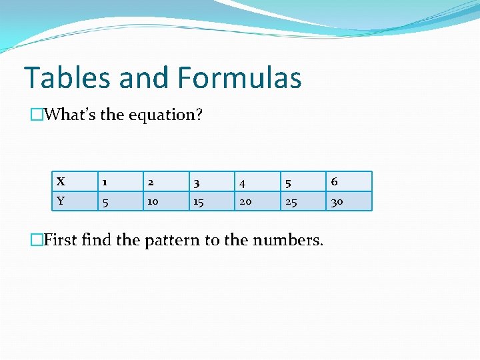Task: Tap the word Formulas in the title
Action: click(x=240, y=78)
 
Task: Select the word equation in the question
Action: click(x=162, y=115)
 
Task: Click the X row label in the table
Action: click(x=61, y=181)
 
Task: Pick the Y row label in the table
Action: click(x=61, y=201)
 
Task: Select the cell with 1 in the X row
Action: click(x=104, y=181)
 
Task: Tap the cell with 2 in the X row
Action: click(x=151, y=181)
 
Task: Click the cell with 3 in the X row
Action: click(x=197, y=181)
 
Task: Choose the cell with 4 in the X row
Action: click(x=243, y=181)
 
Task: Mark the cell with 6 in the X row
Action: click(x=335, y=181)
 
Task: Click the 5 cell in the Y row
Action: click(x=104, y=201)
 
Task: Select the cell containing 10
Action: click(x=153, y=201)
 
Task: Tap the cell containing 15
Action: click(x=199, y=201)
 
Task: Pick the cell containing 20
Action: click(x=245, y=201)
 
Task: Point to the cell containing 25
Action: click(x=291, y=201)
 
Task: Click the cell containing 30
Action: click(x=337, y=201)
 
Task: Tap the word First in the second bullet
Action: click(x=60, y=239)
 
